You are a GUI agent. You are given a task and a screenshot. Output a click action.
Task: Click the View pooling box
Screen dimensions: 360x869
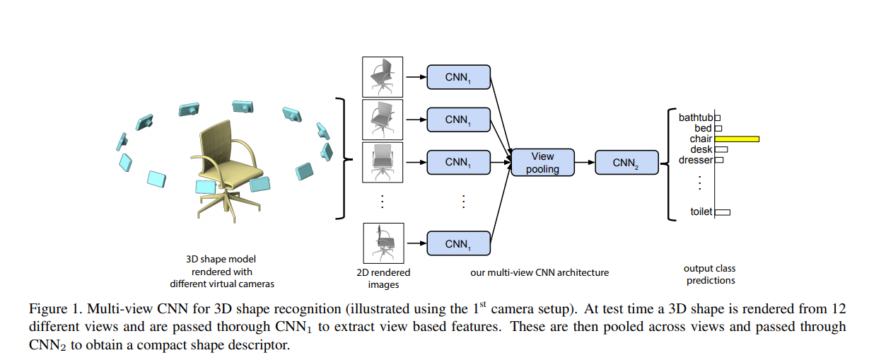click(542, 163)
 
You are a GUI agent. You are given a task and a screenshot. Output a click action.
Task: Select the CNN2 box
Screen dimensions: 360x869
click(625, 163)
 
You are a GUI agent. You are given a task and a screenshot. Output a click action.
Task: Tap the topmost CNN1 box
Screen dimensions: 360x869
click(458, 76)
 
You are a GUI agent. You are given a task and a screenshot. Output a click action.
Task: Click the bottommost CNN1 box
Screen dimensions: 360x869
click(458, 243)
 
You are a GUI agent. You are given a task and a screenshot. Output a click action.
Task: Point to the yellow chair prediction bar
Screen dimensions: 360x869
click(737, 139)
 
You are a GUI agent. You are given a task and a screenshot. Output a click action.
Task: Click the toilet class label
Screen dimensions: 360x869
click(701, 211)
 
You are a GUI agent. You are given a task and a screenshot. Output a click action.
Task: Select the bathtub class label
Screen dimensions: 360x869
click(696, 117)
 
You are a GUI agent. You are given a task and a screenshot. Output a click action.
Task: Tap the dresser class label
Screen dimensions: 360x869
click(696, 161)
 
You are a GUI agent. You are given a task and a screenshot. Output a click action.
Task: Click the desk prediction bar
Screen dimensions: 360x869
click(721, 150)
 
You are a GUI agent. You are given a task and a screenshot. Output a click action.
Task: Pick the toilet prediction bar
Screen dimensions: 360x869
click(723, 211)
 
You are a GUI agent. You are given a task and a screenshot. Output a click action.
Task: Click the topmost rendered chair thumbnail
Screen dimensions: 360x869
click(383, 76)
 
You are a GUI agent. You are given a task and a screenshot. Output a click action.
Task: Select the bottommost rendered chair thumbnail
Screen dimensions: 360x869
click(383, 243)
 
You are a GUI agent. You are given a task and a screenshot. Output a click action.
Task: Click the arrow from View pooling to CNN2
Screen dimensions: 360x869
click(584, 163)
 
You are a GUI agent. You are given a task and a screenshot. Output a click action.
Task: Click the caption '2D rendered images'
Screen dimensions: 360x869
click(382, 278)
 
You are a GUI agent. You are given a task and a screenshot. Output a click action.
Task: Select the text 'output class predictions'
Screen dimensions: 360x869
click(709, 274)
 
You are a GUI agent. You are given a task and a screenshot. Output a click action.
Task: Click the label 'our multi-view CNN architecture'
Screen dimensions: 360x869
click(539, 272)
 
